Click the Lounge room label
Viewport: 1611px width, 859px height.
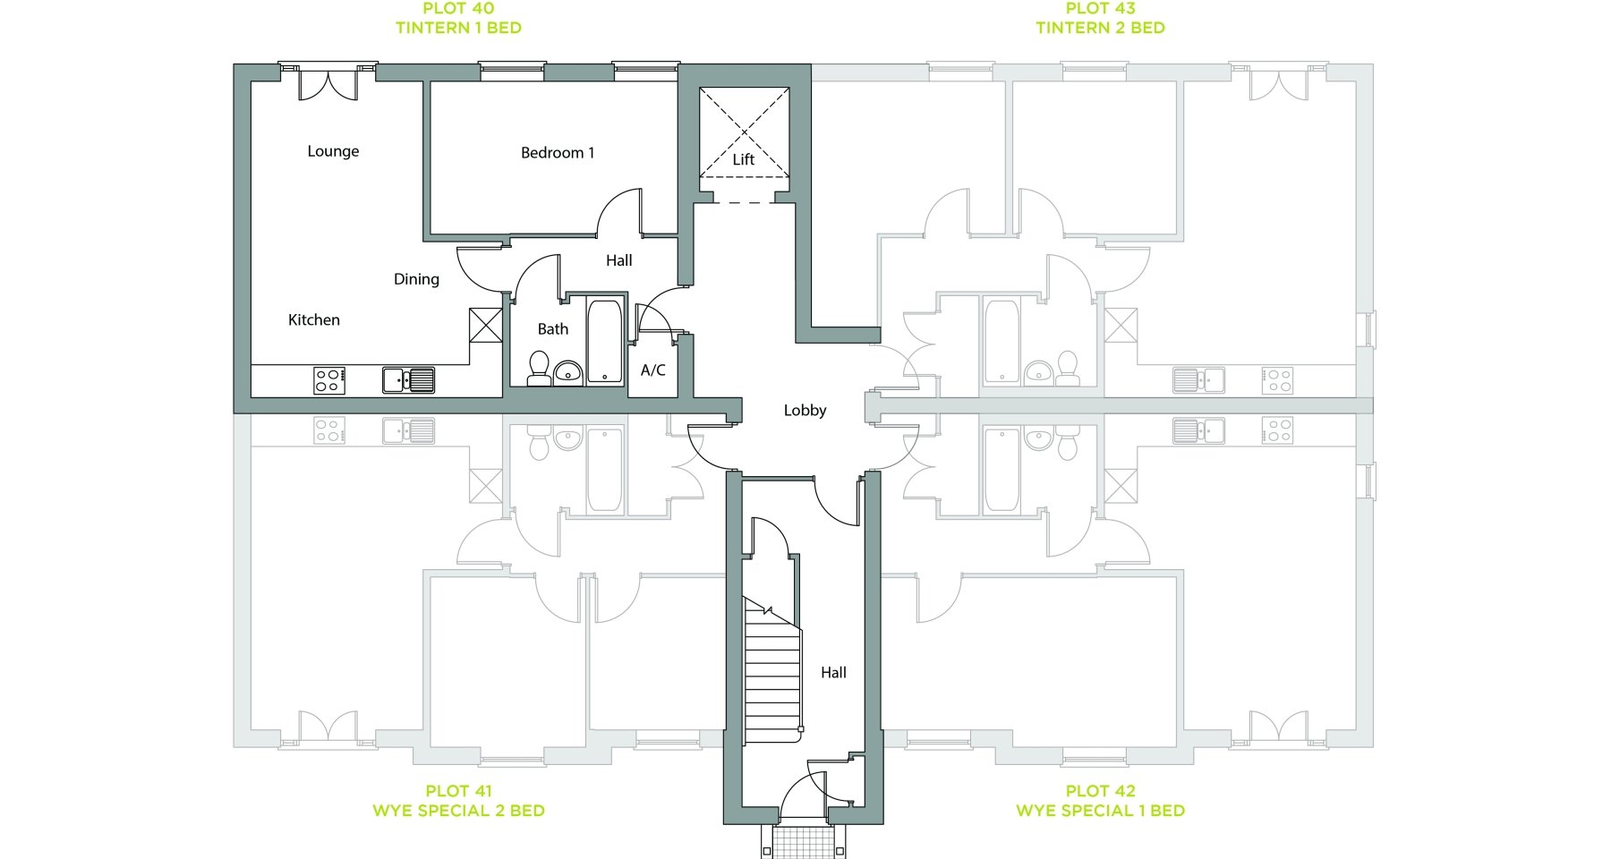pos(333,151)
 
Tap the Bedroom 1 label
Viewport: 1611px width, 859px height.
pos(558,153)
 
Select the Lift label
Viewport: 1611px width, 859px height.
pos(744,159)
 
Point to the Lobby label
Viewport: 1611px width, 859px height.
pos(805,411)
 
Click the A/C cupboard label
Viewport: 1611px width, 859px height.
pos(653,370)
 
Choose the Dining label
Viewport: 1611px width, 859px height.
pos(416,279)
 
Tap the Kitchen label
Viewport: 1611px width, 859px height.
pos(314,319)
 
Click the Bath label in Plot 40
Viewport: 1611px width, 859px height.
pos(553,329)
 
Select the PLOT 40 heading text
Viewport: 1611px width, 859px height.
pos(458,9)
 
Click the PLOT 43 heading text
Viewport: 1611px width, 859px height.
pos(1101,9)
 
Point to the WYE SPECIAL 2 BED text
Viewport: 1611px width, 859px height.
pos(458,811)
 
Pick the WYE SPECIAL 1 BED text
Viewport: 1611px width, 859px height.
pos(1101,811)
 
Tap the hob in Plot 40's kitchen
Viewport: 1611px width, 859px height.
pos(329,380)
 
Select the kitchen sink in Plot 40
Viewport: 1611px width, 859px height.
pos(408,380)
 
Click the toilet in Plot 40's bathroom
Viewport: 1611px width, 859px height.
pos(539,369)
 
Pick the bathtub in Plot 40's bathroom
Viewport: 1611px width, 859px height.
pos(605,341)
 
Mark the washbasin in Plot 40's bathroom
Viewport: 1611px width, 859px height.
pos(567,371)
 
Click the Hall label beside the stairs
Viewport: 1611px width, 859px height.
pos(833,673)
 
